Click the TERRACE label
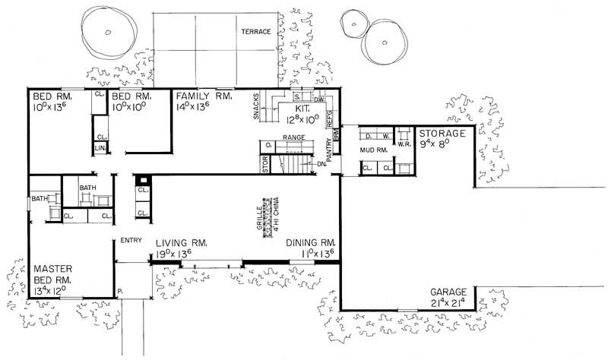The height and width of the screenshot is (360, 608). click(x=256, y=32)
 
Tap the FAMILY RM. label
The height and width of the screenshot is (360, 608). click(x=204, y=97)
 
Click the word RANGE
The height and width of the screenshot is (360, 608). click(x=293, y=137)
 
